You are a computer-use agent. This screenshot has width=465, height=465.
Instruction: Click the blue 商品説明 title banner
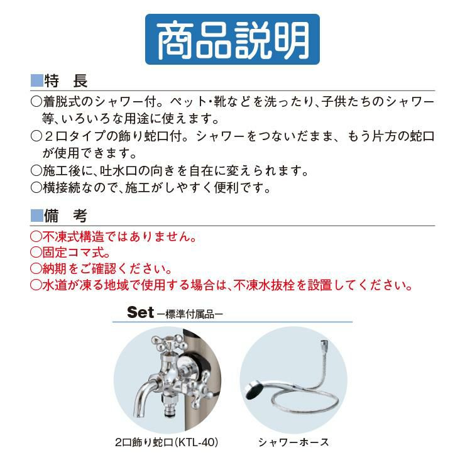click(232, 39)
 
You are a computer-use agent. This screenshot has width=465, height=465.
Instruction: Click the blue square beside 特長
click(37, 80)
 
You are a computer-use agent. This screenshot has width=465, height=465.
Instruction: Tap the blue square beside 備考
click(37, 216)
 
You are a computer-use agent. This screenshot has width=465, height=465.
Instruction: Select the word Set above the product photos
click(141, 312)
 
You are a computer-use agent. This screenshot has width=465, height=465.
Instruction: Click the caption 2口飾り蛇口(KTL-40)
click(167, 442)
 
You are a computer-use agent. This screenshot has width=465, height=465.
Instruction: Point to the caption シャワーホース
click(293, 442)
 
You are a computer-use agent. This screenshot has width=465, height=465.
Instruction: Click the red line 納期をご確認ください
click(101, 268)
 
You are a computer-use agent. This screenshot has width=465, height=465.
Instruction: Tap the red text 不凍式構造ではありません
click(113, 236)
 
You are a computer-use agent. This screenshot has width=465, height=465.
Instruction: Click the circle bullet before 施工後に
click(36, 170)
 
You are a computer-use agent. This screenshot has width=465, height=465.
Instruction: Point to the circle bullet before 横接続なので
click(36, 187)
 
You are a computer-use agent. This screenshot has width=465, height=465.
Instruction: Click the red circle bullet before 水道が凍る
click(36, 285)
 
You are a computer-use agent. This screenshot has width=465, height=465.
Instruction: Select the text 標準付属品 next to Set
click(190, 314)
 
